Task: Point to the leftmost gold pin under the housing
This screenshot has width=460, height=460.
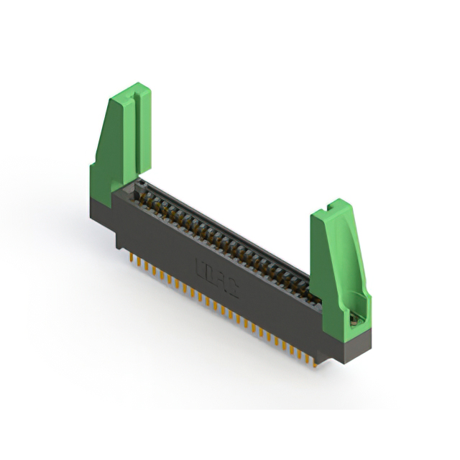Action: pos(131,256)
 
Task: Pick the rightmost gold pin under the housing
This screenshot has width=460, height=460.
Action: pos(314,362)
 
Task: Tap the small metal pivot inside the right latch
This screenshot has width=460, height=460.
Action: pos(354,321)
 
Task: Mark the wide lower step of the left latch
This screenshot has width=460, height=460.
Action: pos(101,183)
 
